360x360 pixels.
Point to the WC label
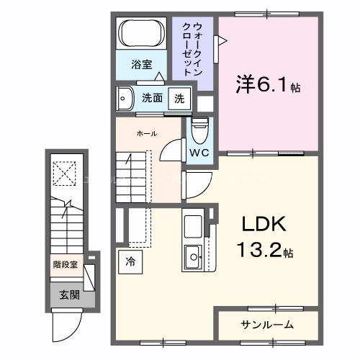(199, 153)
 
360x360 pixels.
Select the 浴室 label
(140, 65)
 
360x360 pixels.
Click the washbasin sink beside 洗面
(127, 96)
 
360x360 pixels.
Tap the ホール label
(147, 133)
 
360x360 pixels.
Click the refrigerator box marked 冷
(131, 261)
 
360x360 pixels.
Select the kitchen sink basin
(192, 253)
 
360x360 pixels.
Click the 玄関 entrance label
(69, 294)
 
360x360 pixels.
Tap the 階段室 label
(66, 264)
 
